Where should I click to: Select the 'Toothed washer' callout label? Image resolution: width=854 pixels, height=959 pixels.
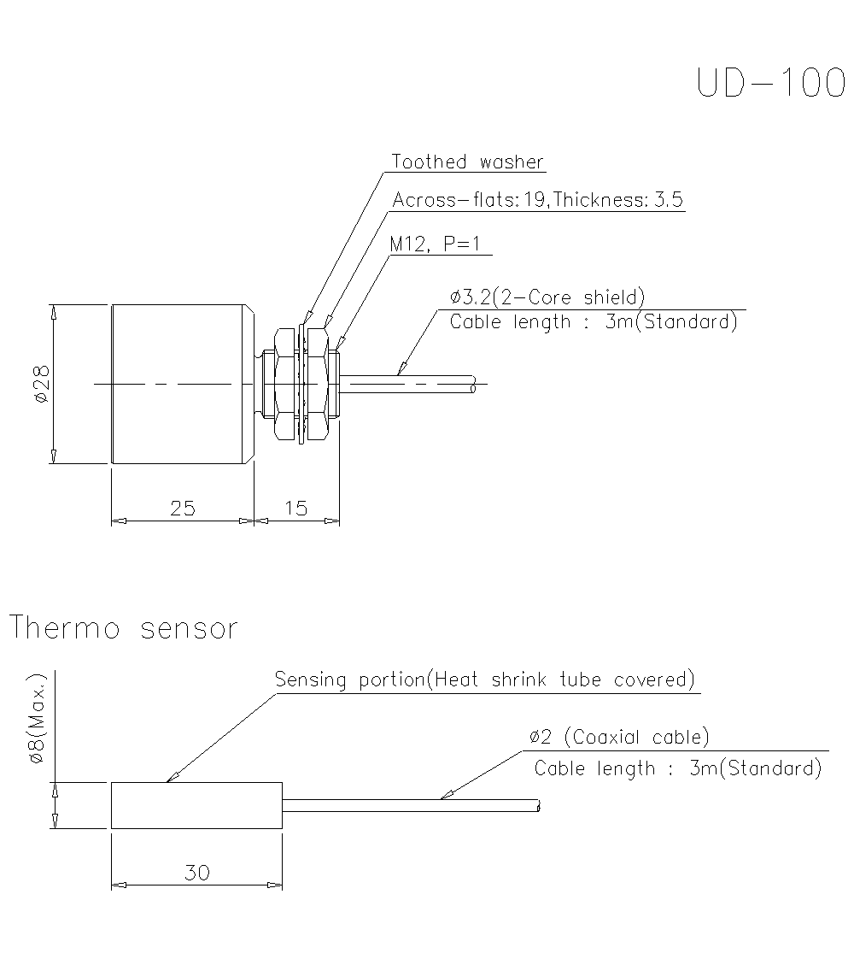467,162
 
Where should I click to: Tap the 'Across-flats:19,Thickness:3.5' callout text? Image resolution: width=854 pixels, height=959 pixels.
537,200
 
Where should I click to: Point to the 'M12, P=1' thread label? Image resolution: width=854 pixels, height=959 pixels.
436,244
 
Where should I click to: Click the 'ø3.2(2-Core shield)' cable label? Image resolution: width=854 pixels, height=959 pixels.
547,297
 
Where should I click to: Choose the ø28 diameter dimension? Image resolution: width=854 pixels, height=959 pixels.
40,385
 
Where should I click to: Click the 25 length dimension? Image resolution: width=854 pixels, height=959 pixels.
183,509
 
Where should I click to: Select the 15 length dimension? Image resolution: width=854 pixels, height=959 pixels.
295,509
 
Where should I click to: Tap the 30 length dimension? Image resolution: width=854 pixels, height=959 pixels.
196,874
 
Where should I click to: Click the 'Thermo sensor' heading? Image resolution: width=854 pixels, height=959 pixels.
123,629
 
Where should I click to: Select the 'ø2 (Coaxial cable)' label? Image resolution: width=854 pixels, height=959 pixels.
619,737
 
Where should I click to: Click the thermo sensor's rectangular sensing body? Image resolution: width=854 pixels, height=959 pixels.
196,805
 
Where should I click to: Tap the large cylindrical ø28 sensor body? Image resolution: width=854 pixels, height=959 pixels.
181,385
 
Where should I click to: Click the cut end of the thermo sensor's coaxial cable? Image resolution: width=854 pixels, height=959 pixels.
538,806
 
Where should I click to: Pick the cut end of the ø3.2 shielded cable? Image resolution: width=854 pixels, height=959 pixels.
473,385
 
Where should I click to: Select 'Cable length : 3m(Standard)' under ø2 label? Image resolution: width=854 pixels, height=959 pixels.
678,768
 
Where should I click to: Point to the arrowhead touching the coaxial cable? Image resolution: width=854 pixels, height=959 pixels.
445,797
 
